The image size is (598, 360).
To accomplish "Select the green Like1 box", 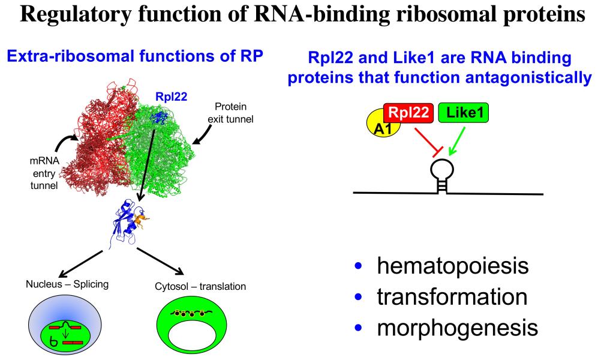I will point(464,112).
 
